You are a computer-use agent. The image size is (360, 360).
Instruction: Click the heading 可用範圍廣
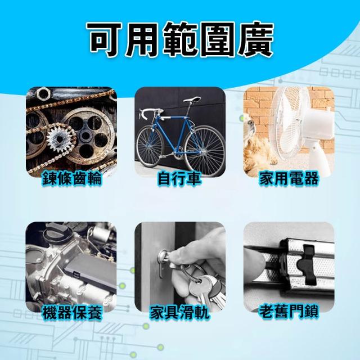[180, 39]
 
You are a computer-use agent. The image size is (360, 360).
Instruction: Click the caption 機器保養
[71, 313]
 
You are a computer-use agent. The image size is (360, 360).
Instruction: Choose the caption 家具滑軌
[179, 313]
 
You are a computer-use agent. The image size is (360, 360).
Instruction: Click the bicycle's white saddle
[192, 99]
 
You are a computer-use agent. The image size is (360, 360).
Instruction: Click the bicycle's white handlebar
[149, 113]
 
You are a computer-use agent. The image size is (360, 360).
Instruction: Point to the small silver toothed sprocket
[59, 138]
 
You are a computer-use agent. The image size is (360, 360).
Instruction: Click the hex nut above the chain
[43, 93]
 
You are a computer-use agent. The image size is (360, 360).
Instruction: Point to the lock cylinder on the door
[164, 258]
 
